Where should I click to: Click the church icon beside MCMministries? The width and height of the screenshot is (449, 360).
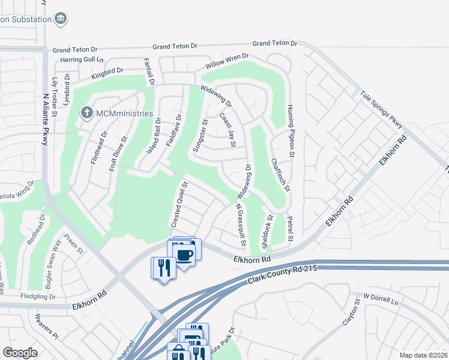pos(87,112)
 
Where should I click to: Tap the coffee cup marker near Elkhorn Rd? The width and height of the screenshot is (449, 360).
pos(185,256)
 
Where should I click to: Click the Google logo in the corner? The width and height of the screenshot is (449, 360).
pos(20,353)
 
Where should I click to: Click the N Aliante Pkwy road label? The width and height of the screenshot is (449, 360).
pos(44,122)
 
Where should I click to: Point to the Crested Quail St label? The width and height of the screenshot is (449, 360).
pos(180,204)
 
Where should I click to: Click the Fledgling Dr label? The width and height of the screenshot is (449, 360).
pos(36,297)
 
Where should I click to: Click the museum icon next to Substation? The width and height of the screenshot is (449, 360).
pos(60,19)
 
